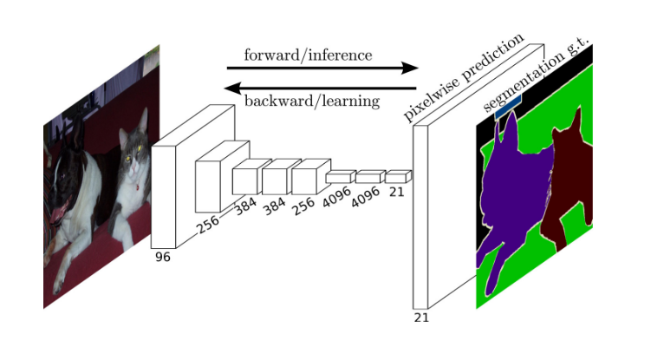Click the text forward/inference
(x=308, y=56)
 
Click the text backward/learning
(x=312, y=101)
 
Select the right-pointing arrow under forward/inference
(x=322, y=69)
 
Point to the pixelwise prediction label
(x=464, y=79)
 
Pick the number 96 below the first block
(x=162, y=257)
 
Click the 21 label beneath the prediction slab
(x=421, y=317)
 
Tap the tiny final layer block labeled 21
(x=397, y=176)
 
